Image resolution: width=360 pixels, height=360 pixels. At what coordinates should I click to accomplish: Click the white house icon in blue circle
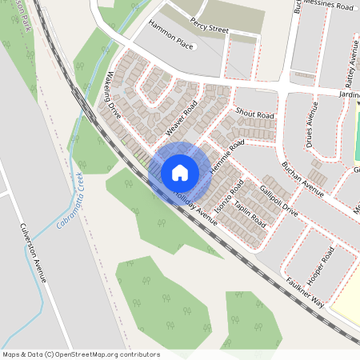(179, 172)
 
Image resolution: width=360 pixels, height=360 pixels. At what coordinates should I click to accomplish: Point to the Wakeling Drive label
(109, 102)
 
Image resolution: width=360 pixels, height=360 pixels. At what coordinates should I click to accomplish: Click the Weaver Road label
(181, 119)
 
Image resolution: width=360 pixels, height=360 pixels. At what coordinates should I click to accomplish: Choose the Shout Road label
(255, 115)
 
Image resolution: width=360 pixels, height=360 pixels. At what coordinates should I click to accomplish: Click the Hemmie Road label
(226, 160)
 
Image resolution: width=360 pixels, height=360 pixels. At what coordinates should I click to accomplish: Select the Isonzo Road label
(229, 192)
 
